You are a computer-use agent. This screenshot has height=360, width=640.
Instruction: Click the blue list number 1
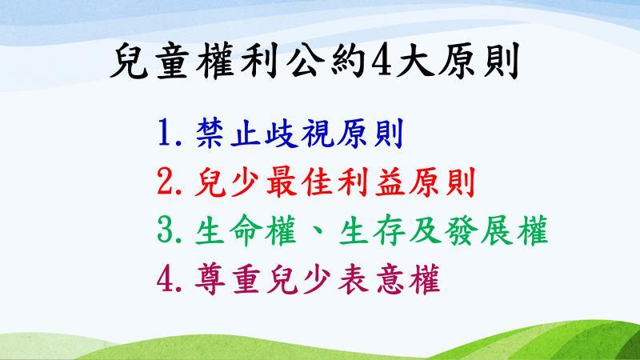166,133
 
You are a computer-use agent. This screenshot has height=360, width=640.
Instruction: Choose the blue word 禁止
229,133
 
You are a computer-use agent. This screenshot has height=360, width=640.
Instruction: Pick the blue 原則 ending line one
370,133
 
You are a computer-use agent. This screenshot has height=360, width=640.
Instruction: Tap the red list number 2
166,182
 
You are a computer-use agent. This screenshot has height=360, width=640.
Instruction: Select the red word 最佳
300,182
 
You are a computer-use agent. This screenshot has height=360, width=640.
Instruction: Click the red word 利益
370,182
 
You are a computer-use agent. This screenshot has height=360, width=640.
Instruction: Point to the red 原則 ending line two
442,182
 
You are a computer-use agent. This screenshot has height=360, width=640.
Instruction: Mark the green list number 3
166,230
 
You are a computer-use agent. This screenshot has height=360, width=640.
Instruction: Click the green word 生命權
246,230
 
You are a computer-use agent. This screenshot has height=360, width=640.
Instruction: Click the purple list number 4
166,278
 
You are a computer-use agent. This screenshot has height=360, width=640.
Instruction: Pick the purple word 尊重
228,278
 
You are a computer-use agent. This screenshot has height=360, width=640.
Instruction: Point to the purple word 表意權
389,278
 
